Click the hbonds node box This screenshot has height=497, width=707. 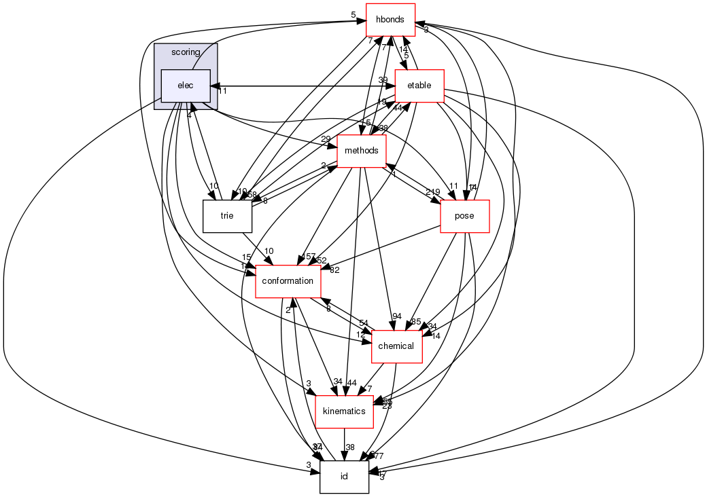pyautogui.click(x=391, y=20)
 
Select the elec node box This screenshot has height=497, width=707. pyautogui.click(x=185, y=86)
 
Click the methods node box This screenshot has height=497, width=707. pyautogui.click(x=362, y=151)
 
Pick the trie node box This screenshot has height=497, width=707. pyautogui.click(x=227, y=216)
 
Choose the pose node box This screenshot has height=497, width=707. pyautogui.click(x=465, y=216)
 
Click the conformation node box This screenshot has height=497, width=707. pyautogui.click(x=288, y=281)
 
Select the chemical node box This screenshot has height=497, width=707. pyautogui.click(x=397, y=346)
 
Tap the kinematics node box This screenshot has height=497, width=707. pyautogui.click(x=344, y=411)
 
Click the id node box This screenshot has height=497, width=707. pyautogui.click(x=344, y=477)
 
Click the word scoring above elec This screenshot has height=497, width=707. pyautogui.click(x=186, y=52)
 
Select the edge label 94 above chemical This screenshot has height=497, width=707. pyautogui.click(x=397, y=316)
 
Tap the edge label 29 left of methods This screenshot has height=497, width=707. pyautogui.click(x=326, y=139)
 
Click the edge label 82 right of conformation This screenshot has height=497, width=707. pyautogui.click(x=334, y=270)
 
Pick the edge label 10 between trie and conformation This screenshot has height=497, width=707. pyautogui.click(x=269, y=252)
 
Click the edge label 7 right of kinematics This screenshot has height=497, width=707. pyautogui.click(x=369, y=389)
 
